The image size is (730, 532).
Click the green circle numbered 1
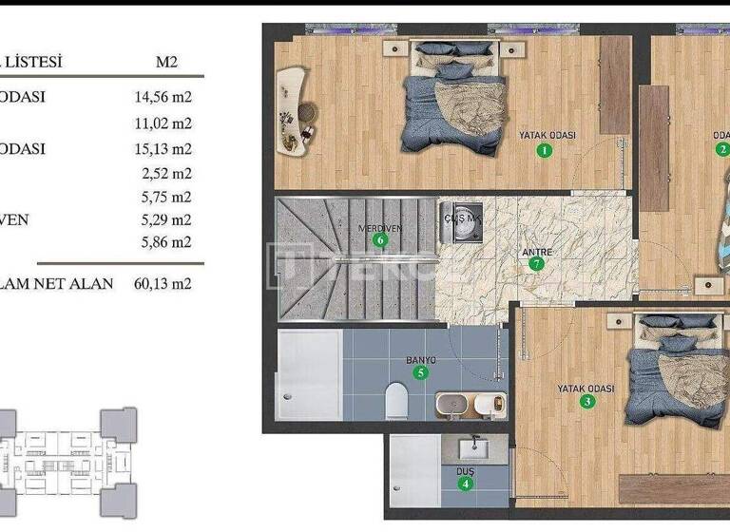(x=544, y=149)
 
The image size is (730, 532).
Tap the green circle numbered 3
(x=588, y=402)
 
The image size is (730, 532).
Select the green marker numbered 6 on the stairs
(x=380, y=240)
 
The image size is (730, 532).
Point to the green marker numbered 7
(x=537, y=264)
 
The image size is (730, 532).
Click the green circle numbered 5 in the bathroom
(x=420, y=372)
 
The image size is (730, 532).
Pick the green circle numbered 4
(x=465, y=484)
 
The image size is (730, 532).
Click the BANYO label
(x=420, y=360)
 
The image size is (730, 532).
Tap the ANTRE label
(x=537, y=252)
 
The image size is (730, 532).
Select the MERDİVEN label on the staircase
(x=377, y=228)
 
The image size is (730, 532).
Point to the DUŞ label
(x=465, y=471)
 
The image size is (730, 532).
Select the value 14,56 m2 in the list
(x=163, y=97)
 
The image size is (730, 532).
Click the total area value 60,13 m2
(x=163, y=283)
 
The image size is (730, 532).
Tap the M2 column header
(x=166, y=63)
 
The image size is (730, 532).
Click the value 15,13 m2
(x=163, y=148)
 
